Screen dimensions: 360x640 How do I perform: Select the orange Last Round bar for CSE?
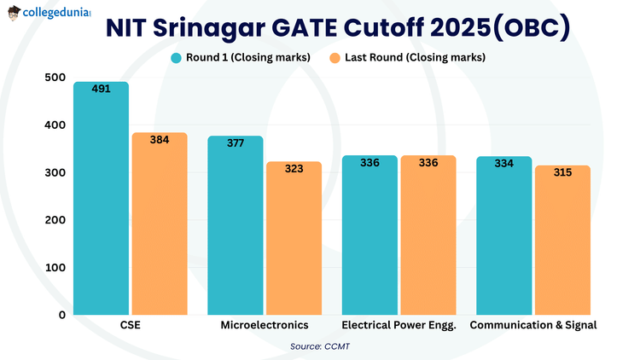[x=159, y=226]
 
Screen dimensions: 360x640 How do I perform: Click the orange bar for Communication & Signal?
[x=562, y=242]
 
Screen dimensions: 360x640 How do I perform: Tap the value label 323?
[x=294, y=169]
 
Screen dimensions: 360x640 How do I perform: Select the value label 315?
[x=562, y=172]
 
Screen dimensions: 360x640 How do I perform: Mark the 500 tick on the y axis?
[x=54, y=78]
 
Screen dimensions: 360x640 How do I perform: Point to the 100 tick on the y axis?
[x=54, y=267]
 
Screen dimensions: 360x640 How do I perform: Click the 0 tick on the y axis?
[x=61, y=315]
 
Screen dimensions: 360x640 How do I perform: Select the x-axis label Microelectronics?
[x=265, y=325]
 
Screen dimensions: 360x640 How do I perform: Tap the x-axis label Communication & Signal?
[x=533, y=325]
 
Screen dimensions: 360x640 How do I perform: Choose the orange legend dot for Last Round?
[x=335, y=58]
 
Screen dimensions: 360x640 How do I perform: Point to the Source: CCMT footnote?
[x=320, y=346]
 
